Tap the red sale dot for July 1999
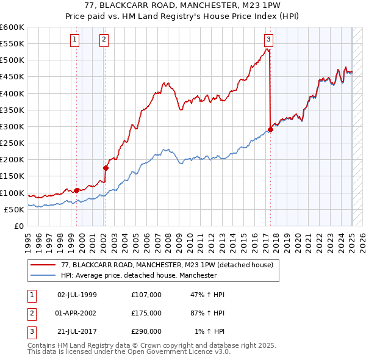click(x=76, y=190)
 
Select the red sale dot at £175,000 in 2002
click(x=106, y=167)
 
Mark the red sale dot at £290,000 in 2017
click(x=270, y=129)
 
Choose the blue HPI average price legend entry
click(x=138, y=275)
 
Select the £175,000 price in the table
click(x=146, y=313)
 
